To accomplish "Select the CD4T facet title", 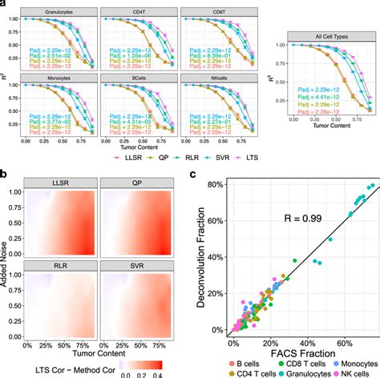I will (135, 14).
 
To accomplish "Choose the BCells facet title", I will (135, 78).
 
